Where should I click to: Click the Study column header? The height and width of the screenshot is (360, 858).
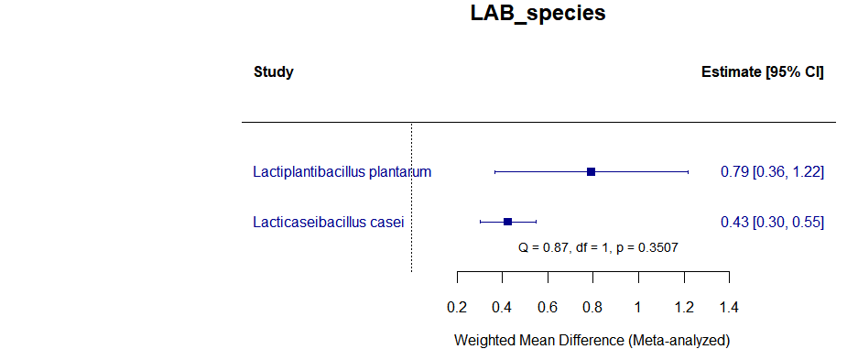point(274,72)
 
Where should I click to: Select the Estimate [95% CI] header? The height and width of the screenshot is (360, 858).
point(762,72)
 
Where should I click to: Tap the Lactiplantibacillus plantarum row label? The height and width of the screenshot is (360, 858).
point(342,172)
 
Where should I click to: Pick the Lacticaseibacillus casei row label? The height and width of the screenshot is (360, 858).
point(328,222)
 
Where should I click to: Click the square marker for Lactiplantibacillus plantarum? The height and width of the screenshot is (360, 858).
point(592,172)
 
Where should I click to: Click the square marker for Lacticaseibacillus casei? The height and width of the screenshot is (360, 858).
point(508,222)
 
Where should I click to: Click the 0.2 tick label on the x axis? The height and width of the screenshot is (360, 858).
point(457,307)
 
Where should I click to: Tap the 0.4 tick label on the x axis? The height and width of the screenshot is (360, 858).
point(502,307)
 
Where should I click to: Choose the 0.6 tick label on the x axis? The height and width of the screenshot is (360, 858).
point(548,307)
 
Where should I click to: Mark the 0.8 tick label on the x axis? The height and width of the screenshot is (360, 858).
point(592,307)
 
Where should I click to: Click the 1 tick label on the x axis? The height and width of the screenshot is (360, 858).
point(638,307)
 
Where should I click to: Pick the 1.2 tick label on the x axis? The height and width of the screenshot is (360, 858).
point(683,307)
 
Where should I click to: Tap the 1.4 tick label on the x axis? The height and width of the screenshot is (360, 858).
point(729,307)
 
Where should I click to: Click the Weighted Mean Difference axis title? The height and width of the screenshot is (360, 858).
point(592,341)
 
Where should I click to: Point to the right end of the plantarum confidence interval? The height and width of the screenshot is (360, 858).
point(688,172)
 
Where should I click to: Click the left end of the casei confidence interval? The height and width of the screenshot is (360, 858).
point(480,222)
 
